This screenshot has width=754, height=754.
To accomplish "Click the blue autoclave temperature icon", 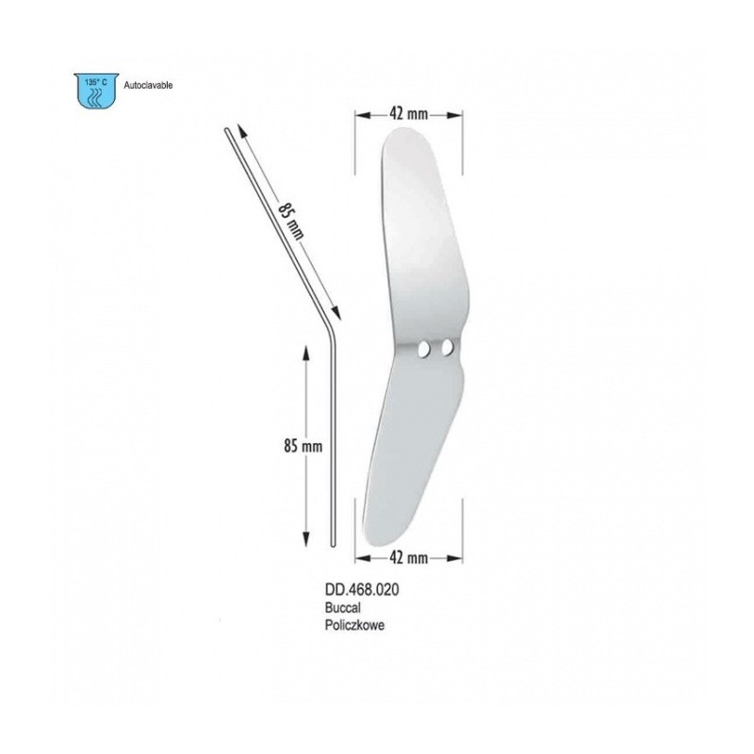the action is (96, 90).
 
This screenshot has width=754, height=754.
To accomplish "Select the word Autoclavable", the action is (148, 86).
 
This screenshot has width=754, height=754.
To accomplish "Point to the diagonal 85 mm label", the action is (290, 221).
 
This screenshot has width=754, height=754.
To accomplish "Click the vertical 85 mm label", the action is (303, 446).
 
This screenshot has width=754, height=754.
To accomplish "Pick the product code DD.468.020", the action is (362, 590).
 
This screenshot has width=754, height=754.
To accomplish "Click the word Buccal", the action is (342, 608).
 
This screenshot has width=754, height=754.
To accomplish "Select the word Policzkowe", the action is (354, 625).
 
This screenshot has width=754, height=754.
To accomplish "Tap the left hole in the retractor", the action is (423, 349).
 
